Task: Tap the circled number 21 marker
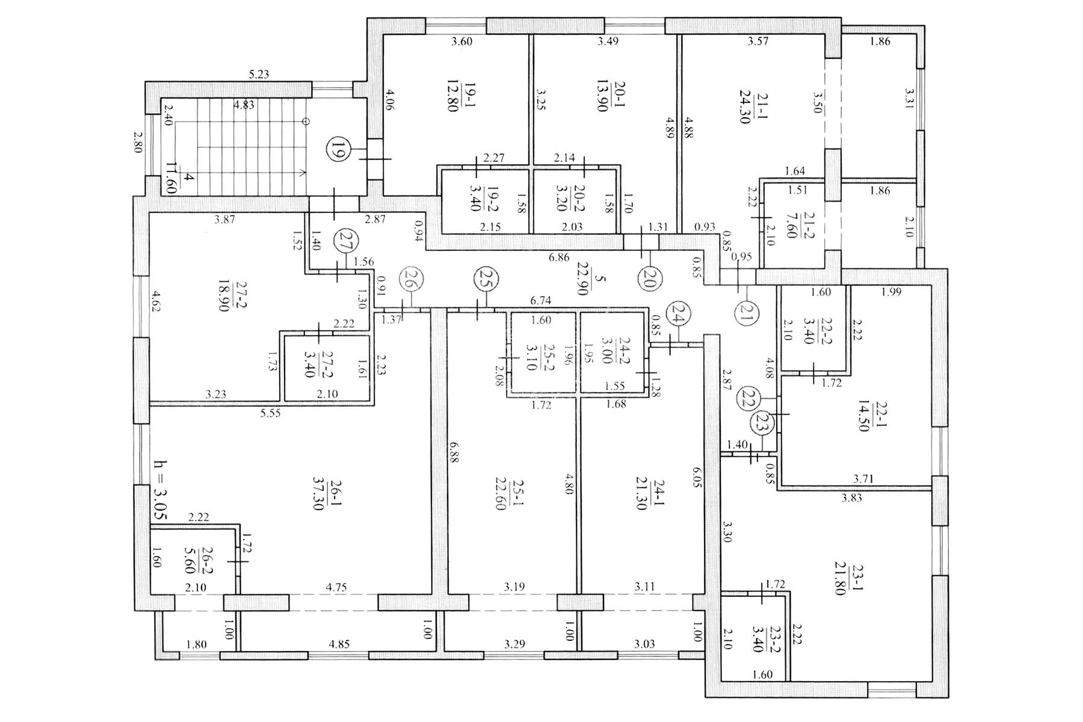point(746,313)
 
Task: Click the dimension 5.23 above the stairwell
point(259,75)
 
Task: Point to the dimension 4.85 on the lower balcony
point(339,644)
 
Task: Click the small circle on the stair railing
point(306,121)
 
